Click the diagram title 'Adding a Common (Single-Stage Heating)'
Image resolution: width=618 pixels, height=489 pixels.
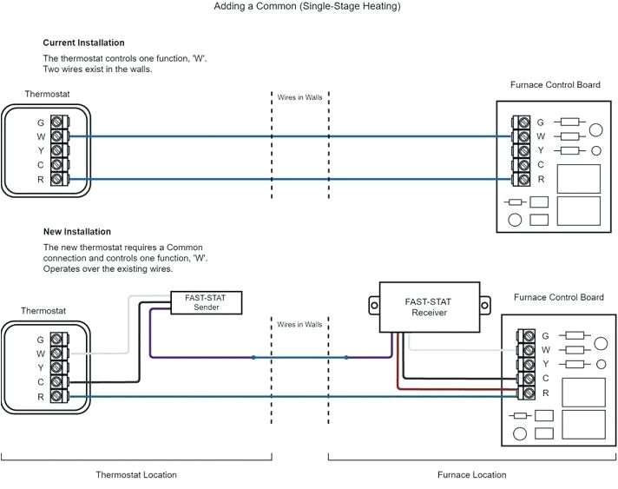tap(308, 7)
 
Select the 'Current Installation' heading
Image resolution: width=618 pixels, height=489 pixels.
tap(83, 43)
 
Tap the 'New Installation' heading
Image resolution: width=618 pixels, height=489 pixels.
tap(77, 232)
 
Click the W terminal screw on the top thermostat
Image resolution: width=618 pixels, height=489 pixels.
tap(57, 135)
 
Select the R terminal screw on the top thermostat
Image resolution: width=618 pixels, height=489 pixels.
tap(57, 179)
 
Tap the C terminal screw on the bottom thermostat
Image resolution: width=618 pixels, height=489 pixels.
tap(57, 381)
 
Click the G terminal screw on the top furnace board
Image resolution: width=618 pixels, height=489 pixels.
tap(522, 122)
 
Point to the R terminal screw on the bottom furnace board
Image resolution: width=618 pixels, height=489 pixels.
tap(526, 393)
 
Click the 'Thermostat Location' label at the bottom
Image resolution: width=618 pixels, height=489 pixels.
tap(135, 475)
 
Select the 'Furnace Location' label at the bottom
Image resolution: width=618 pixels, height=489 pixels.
tap(472, 475)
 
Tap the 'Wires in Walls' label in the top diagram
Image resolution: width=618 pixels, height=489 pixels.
tap(299, 97)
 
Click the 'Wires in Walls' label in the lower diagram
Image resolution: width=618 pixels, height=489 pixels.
tap(299, 324)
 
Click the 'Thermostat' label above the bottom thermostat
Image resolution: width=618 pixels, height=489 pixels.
tap(43, 310)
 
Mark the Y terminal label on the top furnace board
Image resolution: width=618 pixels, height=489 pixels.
tap(541, 150)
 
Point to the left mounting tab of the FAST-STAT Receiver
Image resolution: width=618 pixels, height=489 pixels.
tap(374, 306)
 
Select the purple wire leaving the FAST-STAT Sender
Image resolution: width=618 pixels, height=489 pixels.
tap(150, 334)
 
